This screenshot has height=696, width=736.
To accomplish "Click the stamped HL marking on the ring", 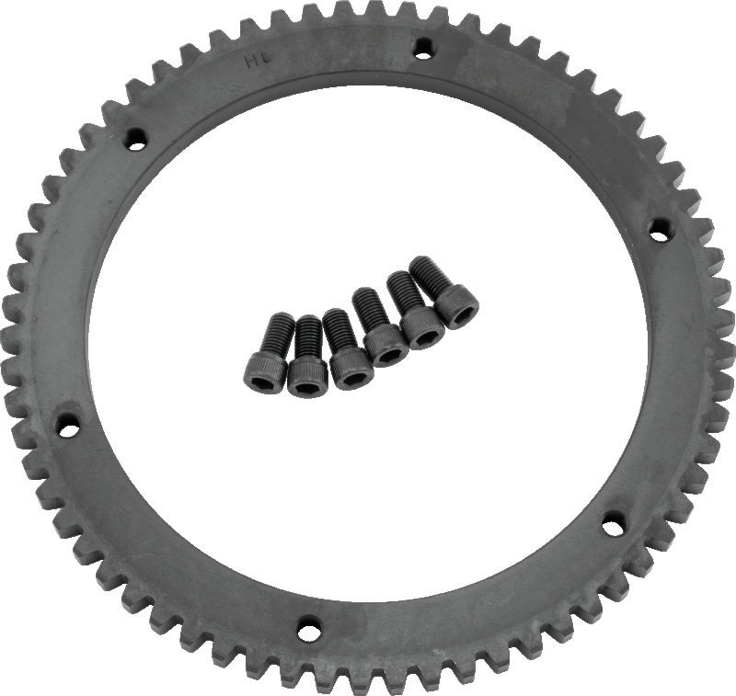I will [x=253, y=63].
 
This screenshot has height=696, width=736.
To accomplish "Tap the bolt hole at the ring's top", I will [x=422, y=49].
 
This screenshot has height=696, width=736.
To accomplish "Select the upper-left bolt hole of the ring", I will [x=136, y=140].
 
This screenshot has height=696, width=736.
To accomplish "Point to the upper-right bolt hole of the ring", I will [x=659, y=228].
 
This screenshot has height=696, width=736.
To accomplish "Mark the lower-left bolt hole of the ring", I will [x=67, y=426].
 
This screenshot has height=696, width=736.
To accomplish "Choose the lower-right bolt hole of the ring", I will [x=613, y=526].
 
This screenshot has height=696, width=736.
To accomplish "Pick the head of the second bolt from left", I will [x=307, y=377].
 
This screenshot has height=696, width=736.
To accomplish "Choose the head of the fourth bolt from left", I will [x=386, y=346].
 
